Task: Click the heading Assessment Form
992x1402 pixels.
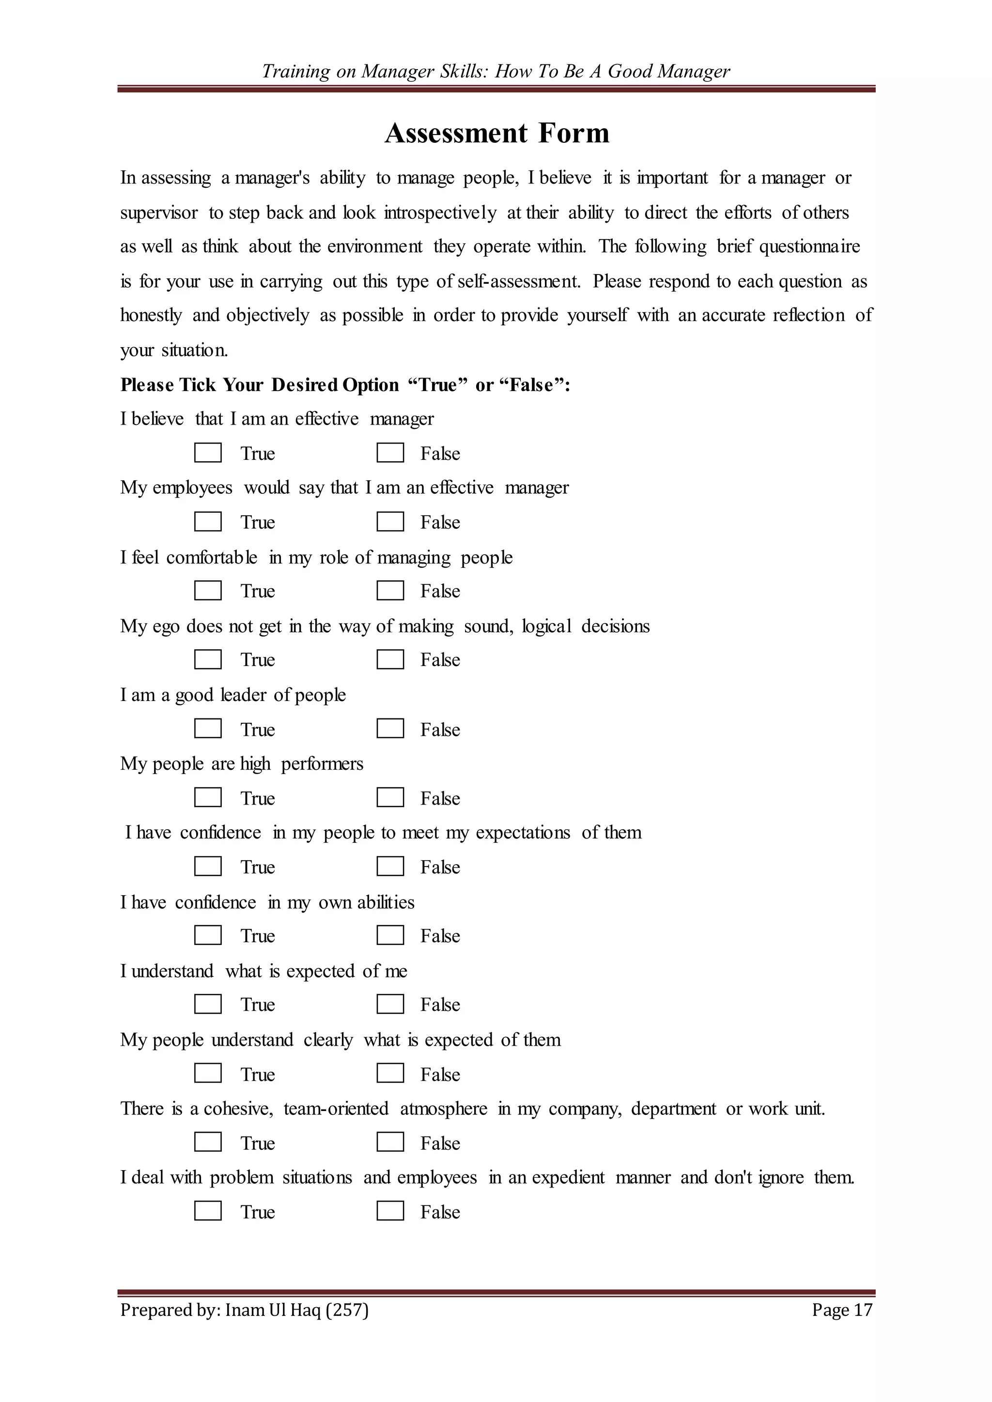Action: (496, 133)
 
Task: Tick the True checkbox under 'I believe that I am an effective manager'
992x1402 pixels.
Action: (208, 453)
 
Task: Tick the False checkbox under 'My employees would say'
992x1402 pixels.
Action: (390, 522)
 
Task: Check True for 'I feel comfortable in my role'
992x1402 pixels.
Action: (208, 591)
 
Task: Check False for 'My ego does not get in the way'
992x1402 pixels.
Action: (390, 659)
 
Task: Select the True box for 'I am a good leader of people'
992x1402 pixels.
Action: (208, 729)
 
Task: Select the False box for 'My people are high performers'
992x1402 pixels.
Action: (390, 797)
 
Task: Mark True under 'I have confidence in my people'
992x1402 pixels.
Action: (208, 867)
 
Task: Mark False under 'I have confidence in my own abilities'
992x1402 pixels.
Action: (390, 935)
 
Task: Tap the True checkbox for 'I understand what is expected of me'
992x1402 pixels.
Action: (208, 1005)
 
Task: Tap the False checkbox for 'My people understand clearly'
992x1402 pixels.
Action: (390, 1073)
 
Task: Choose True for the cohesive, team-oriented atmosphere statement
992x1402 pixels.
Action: (208, 1143)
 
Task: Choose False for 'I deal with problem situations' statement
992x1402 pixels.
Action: (390, 1211)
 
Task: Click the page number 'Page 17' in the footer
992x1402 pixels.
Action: (842, 1310)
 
